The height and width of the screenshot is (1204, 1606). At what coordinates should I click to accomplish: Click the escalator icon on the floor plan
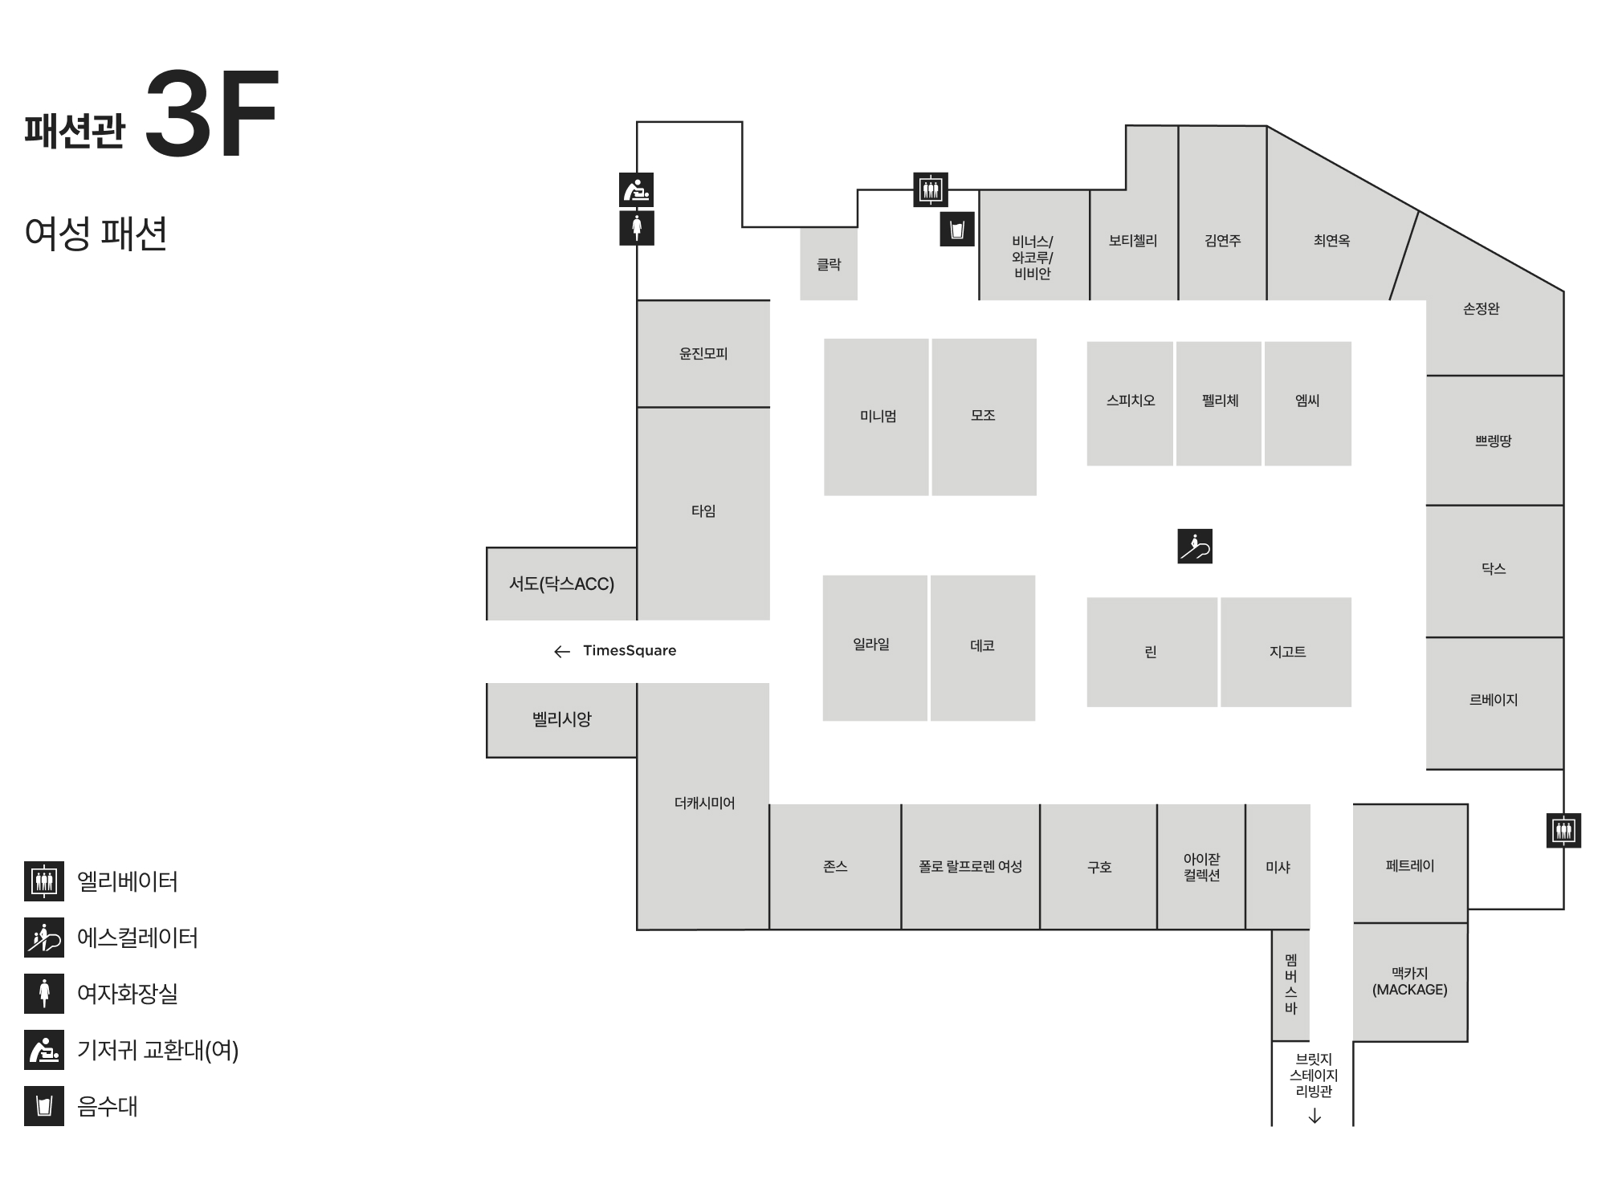pyautogui.click(x=1195, y=546)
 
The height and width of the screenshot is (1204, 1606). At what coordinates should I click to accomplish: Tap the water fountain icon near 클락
pyautogui.click(x=956, y=230)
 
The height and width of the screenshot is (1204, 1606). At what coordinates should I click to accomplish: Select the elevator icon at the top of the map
pyautogui.click(x=931, y=190)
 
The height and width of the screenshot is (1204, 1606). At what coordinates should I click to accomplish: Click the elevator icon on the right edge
pyautogui.click(x=1563, y=830)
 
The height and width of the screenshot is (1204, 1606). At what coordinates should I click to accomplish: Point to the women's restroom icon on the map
pyautogui.click(x=637, y=228)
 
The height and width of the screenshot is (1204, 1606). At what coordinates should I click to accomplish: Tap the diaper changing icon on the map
pyautogui.click(x=637, y=190)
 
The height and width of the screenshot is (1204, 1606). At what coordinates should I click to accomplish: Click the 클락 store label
pyautogui.click(x=829, y=264)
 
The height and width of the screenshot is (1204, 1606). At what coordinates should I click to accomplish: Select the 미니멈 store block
pyautogui.click(x=877, y=417)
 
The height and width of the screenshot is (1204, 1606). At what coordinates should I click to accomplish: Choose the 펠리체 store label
pyautogui.click(x=1220, y=401)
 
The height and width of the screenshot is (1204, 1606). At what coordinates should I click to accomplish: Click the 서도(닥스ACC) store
pyautogui.click(x=561, y=584)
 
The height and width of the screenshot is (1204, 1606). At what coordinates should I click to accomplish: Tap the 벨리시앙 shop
pyautogui.click(x=561, y=719)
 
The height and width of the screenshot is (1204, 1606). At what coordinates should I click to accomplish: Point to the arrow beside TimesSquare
pyautogui.click(x=562, y=651)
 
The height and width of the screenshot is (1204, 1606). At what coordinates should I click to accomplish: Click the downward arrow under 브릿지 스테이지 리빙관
pyautogui.click(x=1315, y=1116)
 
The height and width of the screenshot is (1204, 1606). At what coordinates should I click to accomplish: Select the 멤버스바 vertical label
pyautogui.click(x=1290, y=983)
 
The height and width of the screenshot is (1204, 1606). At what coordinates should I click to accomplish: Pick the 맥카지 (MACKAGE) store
pyautogui.click(x=1409, y=982)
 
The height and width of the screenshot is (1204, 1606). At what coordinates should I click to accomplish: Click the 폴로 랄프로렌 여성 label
pyautogui.click(x=970, y=867)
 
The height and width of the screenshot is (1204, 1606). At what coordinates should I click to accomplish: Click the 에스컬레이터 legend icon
pyautogui.click(x=44, y=938)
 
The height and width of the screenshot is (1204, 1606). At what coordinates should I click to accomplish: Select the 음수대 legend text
pyautogui.click(x=108, y=1106)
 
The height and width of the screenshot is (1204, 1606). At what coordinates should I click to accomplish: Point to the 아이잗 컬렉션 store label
pyautogui.click(x=1201, y=867)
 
